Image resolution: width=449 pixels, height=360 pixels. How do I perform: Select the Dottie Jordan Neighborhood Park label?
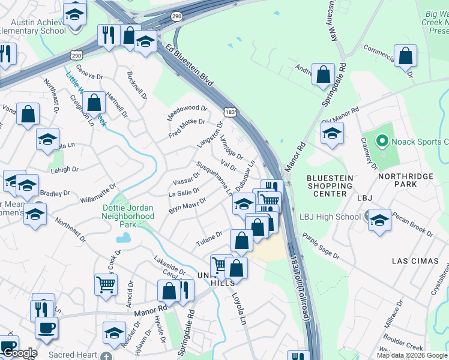pos(128,215)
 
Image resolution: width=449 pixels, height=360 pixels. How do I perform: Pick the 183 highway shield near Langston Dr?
pos(229,112)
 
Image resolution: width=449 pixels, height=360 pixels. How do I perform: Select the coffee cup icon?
pos(46,328)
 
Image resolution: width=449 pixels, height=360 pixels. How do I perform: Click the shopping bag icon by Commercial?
pos(406,56)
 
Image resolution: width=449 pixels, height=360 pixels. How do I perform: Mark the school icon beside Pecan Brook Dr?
pos(379,220)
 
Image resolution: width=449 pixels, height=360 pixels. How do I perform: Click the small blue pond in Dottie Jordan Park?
pos(124,238)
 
